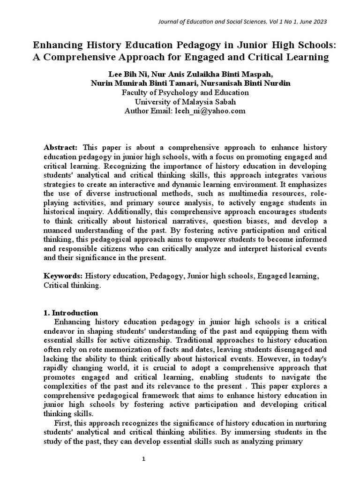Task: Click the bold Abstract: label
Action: click(60, 148)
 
